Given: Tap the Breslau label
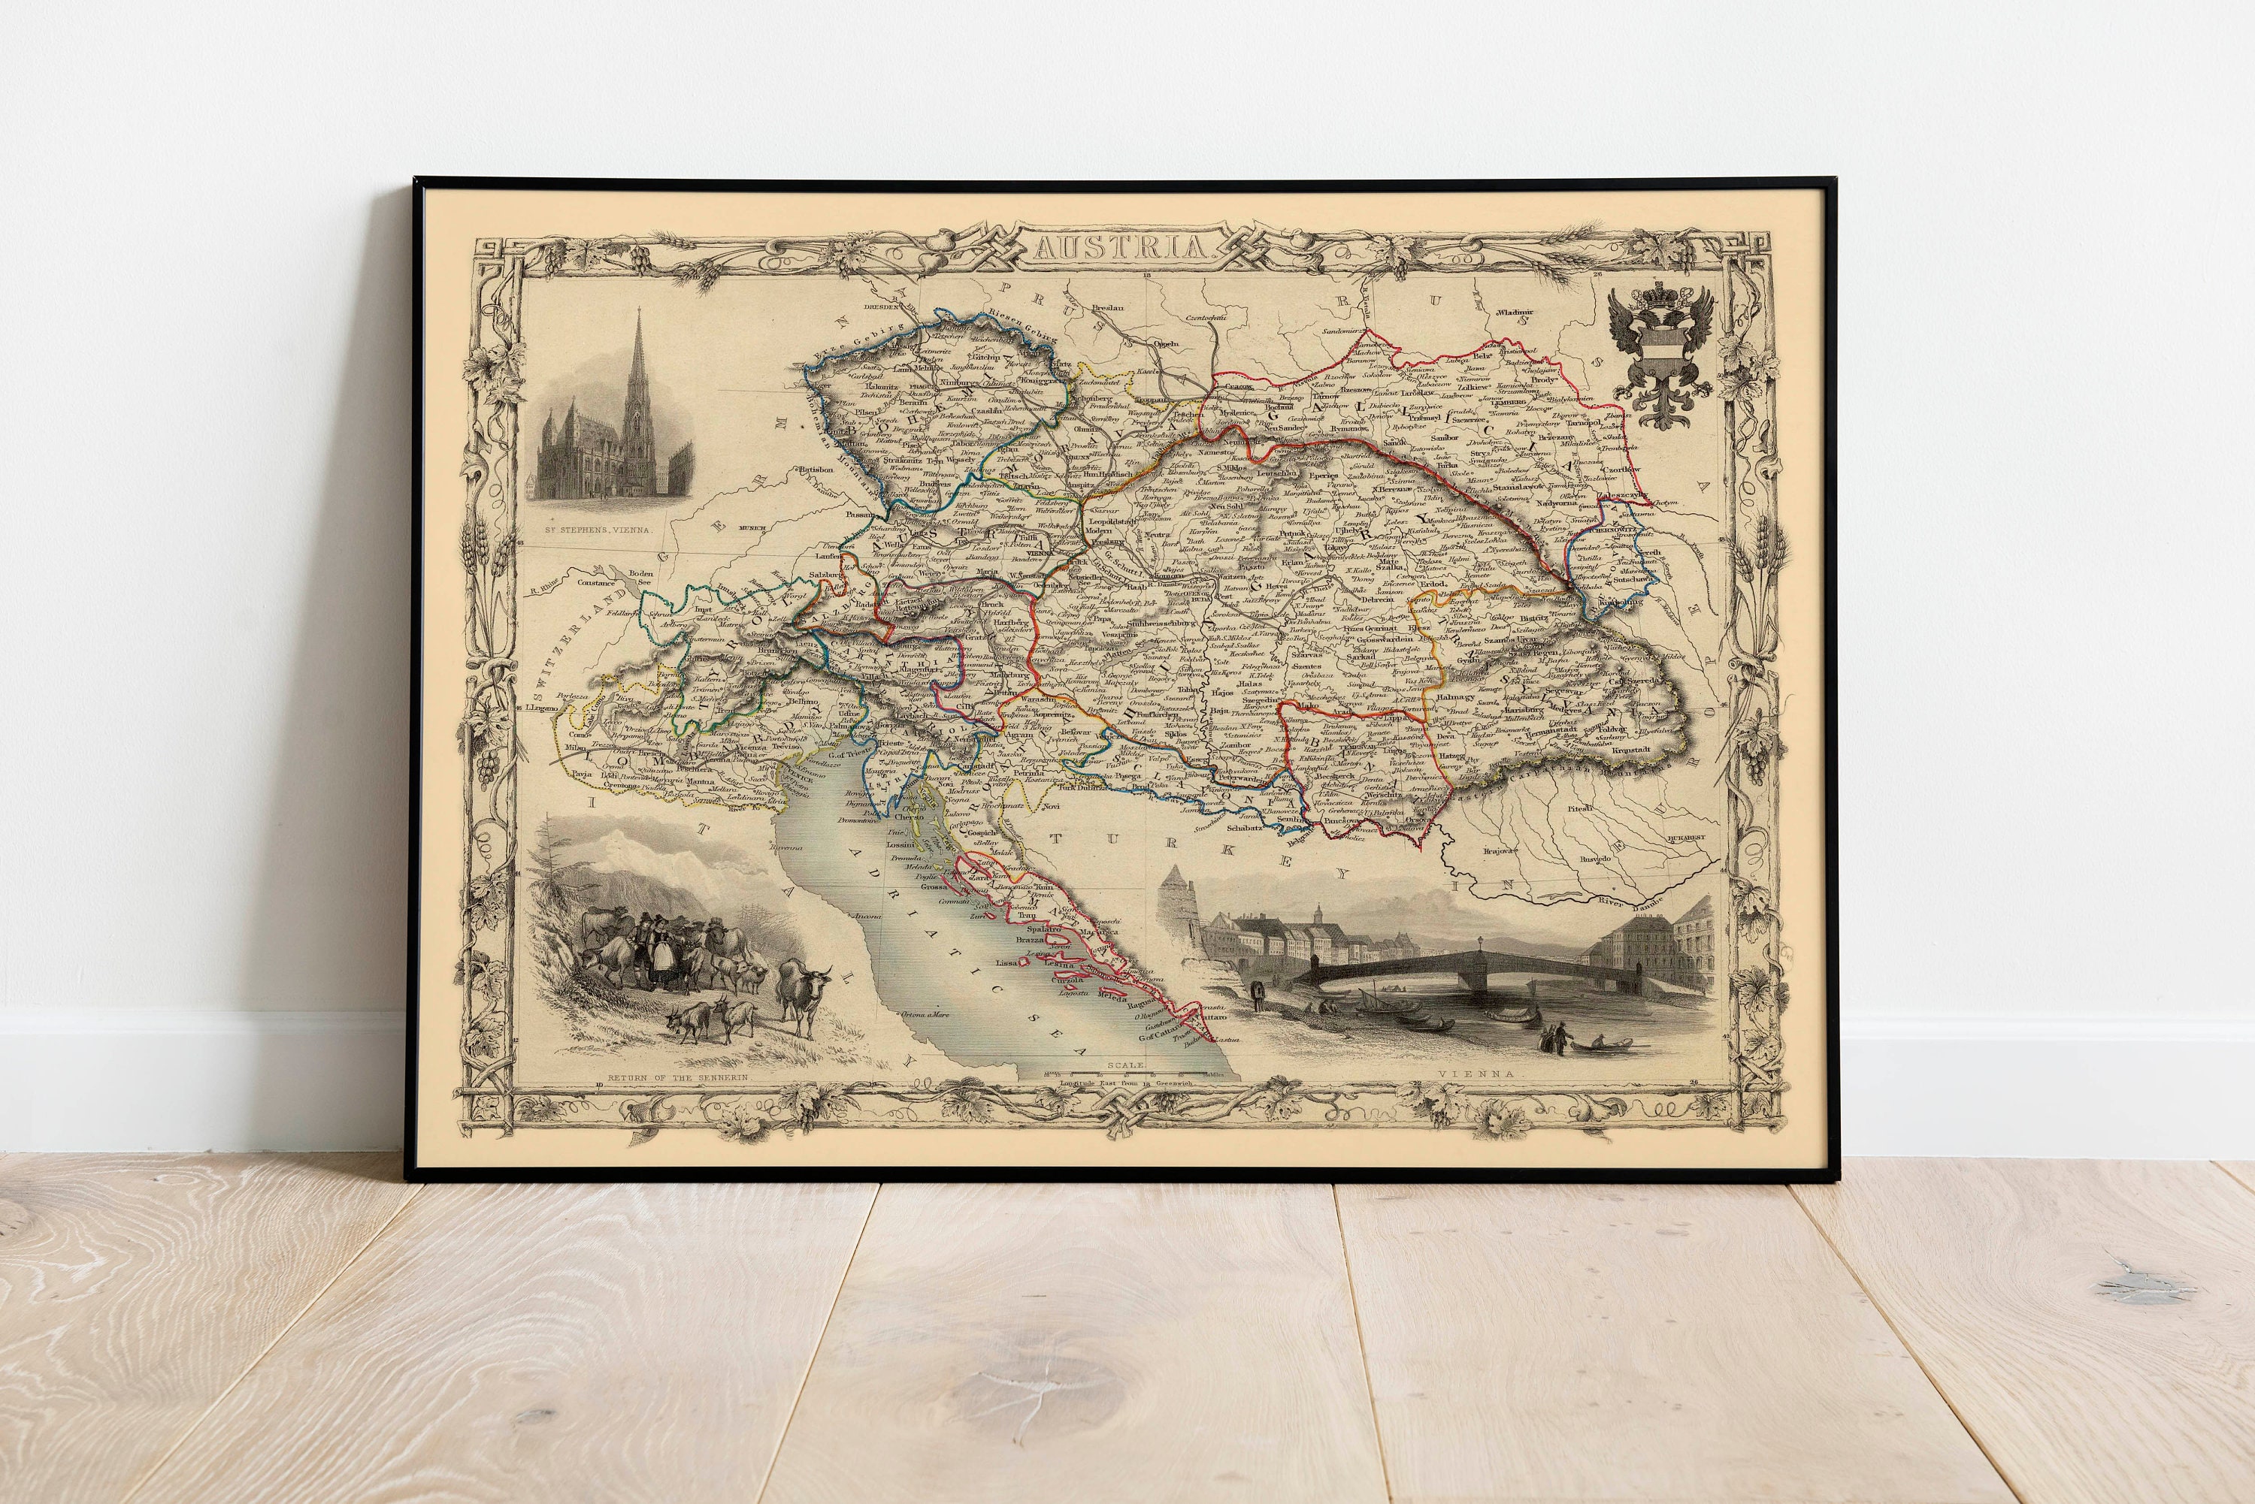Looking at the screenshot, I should [1107, 308].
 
